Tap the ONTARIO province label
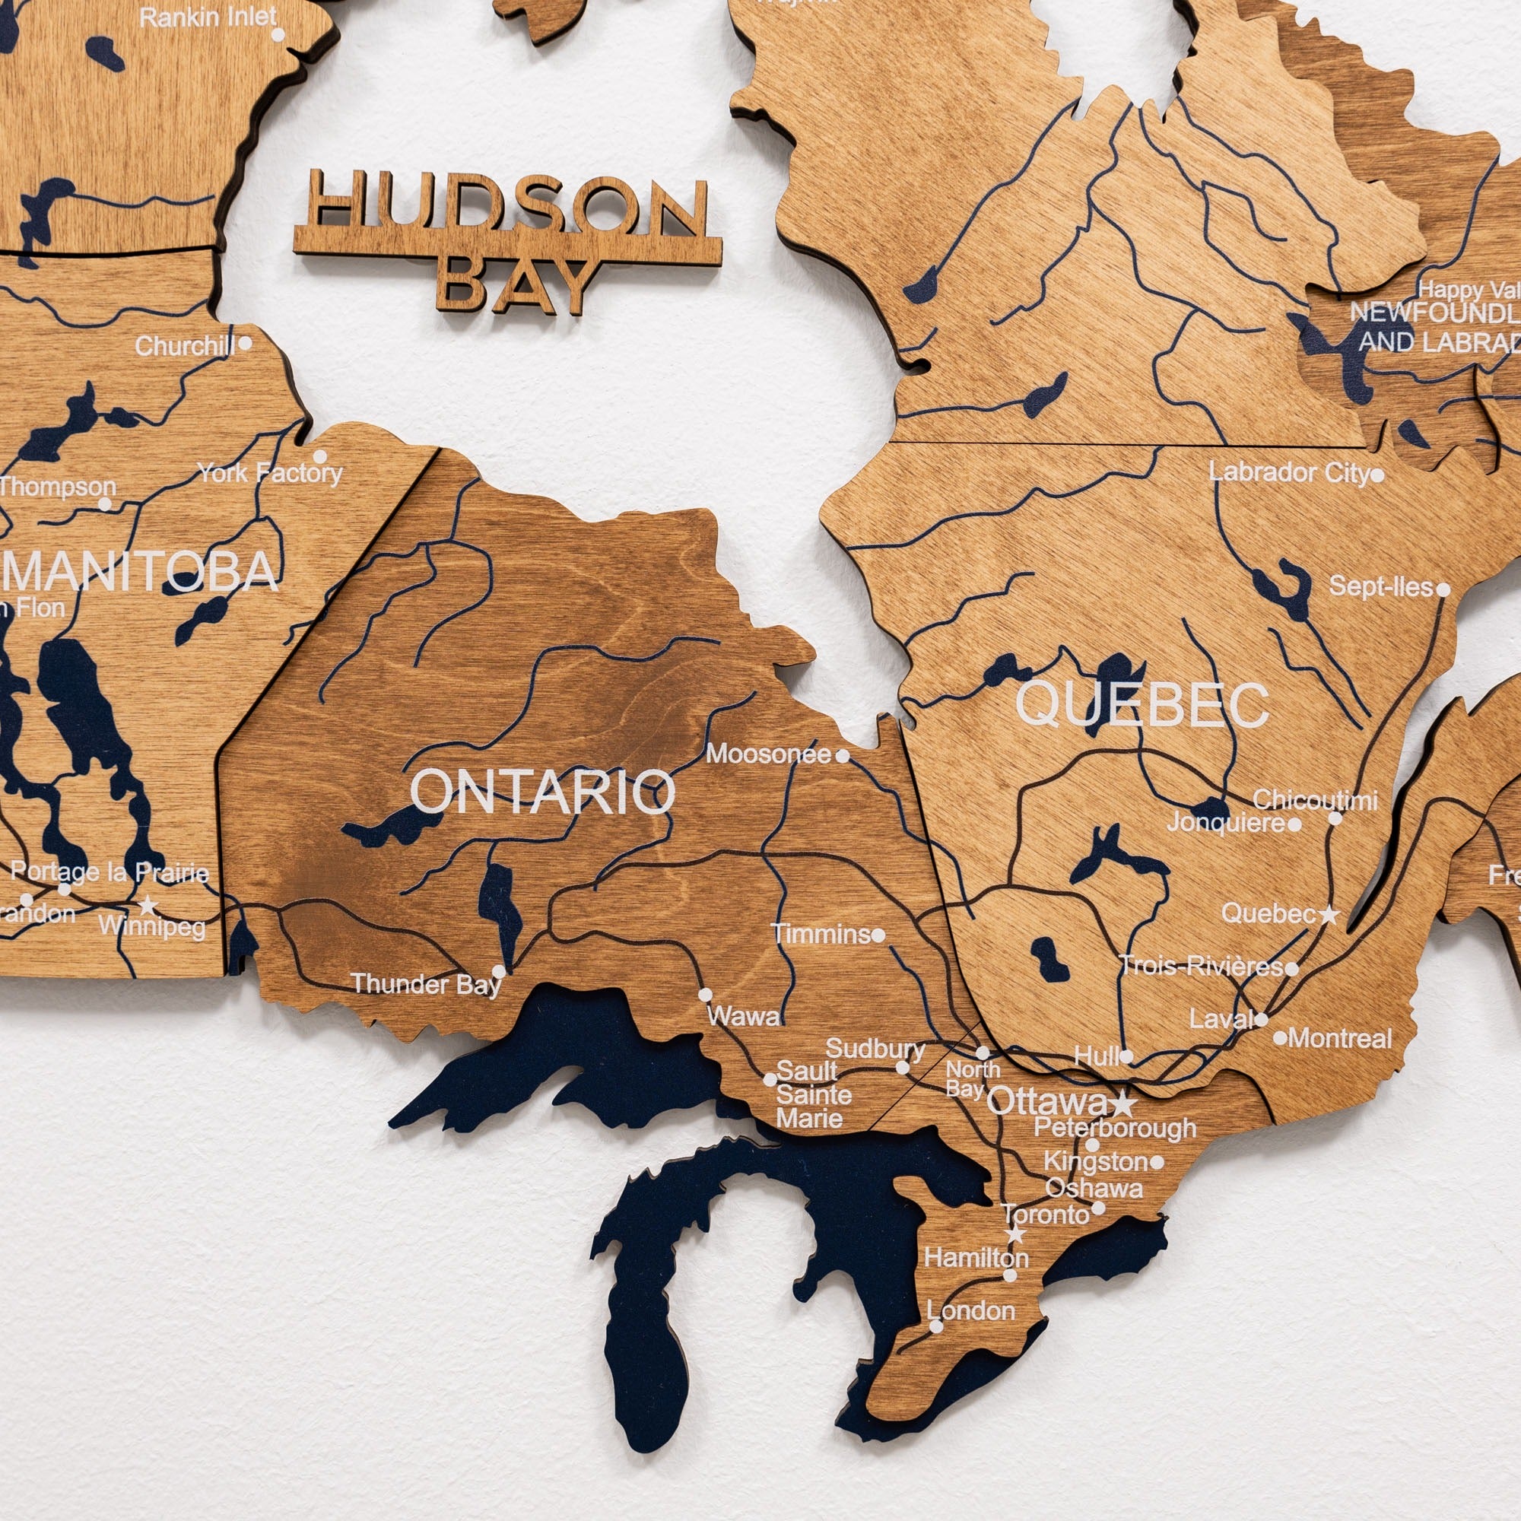542,791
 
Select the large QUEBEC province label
1142,705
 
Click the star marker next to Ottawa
1123,1103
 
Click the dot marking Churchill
245,343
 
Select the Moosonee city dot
843,756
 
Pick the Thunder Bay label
426,984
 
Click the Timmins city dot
878,935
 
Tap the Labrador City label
1291,472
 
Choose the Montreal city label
1340,1038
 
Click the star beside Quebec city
1329,915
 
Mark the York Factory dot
319,456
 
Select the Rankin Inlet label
208,17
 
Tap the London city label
970,1311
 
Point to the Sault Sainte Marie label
813,1095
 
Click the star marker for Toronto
1015,1234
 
